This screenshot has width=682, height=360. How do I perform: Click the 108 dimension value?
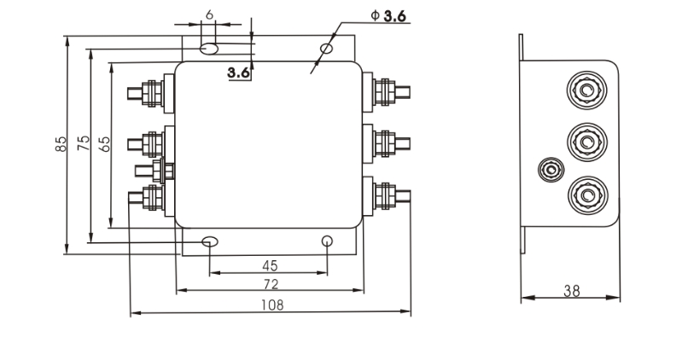(271, 305)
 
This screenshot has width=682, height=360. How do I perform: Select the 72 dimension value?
(271, 283)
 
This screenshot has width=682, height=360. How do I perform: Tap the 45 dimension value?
(270, 264)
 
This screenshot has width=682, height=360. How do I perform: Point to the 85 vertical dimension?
(61, 144)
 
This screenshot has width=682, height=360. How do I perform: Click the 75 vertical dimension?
(83, 143)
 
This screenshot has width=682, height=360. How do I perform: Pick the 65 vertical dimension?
(104, 143)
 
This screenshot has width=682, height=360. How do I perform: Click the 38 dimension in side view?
(571, 291)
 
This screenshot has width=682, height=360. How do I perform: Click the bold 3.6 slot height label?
(239, 73)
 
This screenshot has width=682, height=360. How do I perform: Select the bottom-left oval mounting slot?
(210, 242)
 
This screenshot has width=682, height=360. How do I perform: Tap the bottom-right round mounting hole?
(327, 242)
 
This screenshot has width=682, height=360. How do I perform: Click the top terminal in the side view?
(586, 86)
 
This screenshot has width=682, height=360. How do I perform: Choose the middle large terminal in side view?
(586, 138)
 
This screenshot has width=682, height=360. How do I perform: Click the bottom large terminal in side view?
(586, 193)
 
